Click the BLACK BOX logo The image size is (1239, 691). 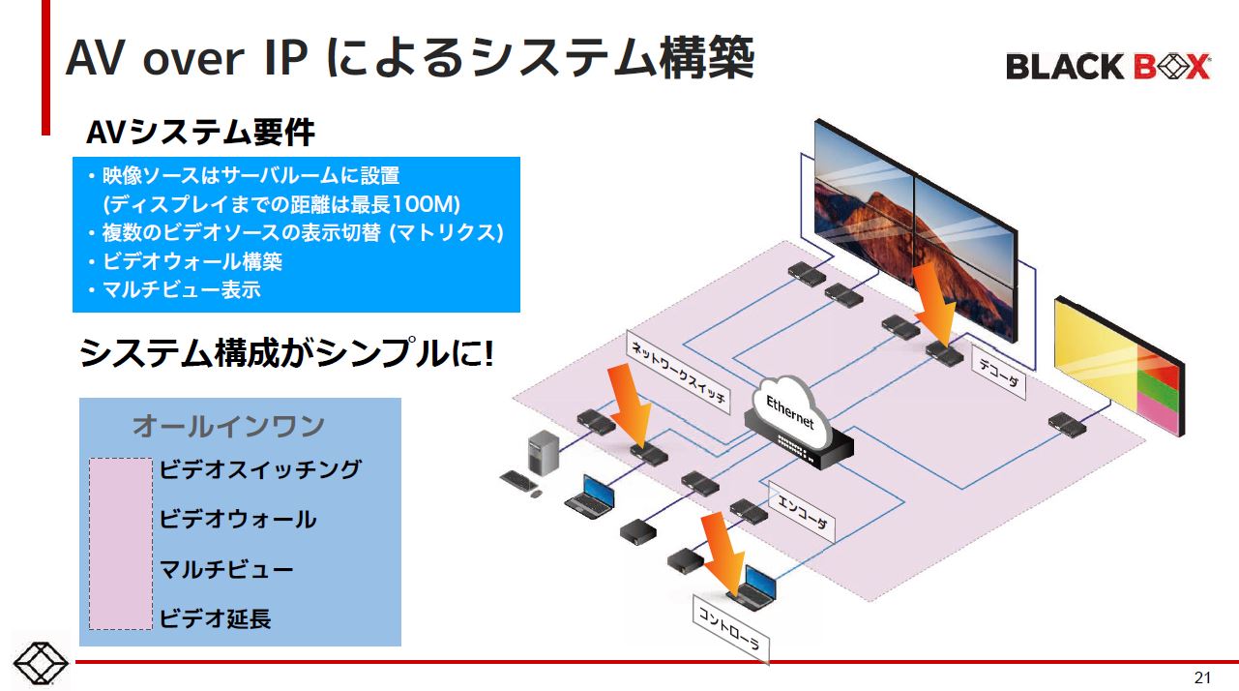(x=1107, y=66)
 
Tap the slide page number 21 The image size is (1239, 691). (x=1202, y=676)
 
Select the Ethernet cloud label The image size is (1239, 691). (x=790, y=411)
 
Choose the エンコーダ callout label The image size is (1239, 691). (x=802, y=512)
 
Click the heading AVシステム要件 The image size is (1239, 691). (x=200, y=133)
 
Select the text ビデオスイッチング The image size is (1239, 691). (x=259, y=469)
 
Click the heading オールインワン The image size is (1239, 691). (x=228, y=425)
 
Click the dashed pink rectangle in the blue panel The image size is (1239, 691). (x=121, y=544)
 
